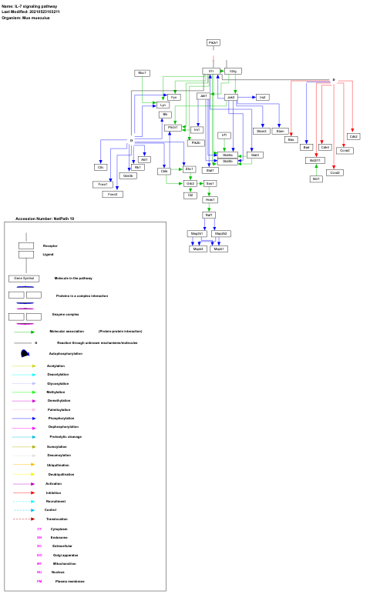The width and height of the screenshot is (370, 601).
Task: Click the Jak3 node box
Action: [230, 98]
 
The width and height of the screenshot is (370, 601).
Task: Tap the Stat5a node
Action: [227, 155]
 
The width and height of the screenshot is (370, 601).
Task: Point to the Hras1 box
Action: [210, 199]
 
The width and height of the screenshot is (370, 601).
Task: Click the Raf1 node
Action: [209, 215]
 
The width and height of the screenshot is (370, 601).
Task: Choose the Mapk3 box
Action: [198, 249]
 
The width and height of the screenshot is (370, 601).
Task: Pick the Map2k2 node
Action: [220, 232]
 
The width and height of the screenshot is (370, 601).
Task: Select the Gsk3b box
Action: [129, 175]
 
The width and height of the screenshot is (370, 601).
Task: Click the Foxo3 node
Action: [113, 194]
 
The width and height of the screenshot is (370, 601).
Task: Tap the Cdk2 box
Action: [353, 136]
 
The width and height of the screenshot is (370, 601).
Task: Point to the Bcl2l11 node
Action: [315, 160]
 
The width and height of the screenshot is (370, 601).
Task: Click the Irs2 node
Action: [262, 98]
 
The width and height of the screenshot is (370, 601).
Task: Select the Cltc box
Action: [100, 167]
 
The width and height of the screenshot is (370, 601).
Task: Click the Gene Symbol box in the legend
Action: [24, 278]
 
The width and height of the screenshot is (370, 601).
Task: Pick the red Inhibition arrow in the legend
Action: [23, 492]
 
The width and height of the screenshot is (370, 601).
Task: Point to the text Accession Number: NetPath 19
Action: [45, 219]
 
